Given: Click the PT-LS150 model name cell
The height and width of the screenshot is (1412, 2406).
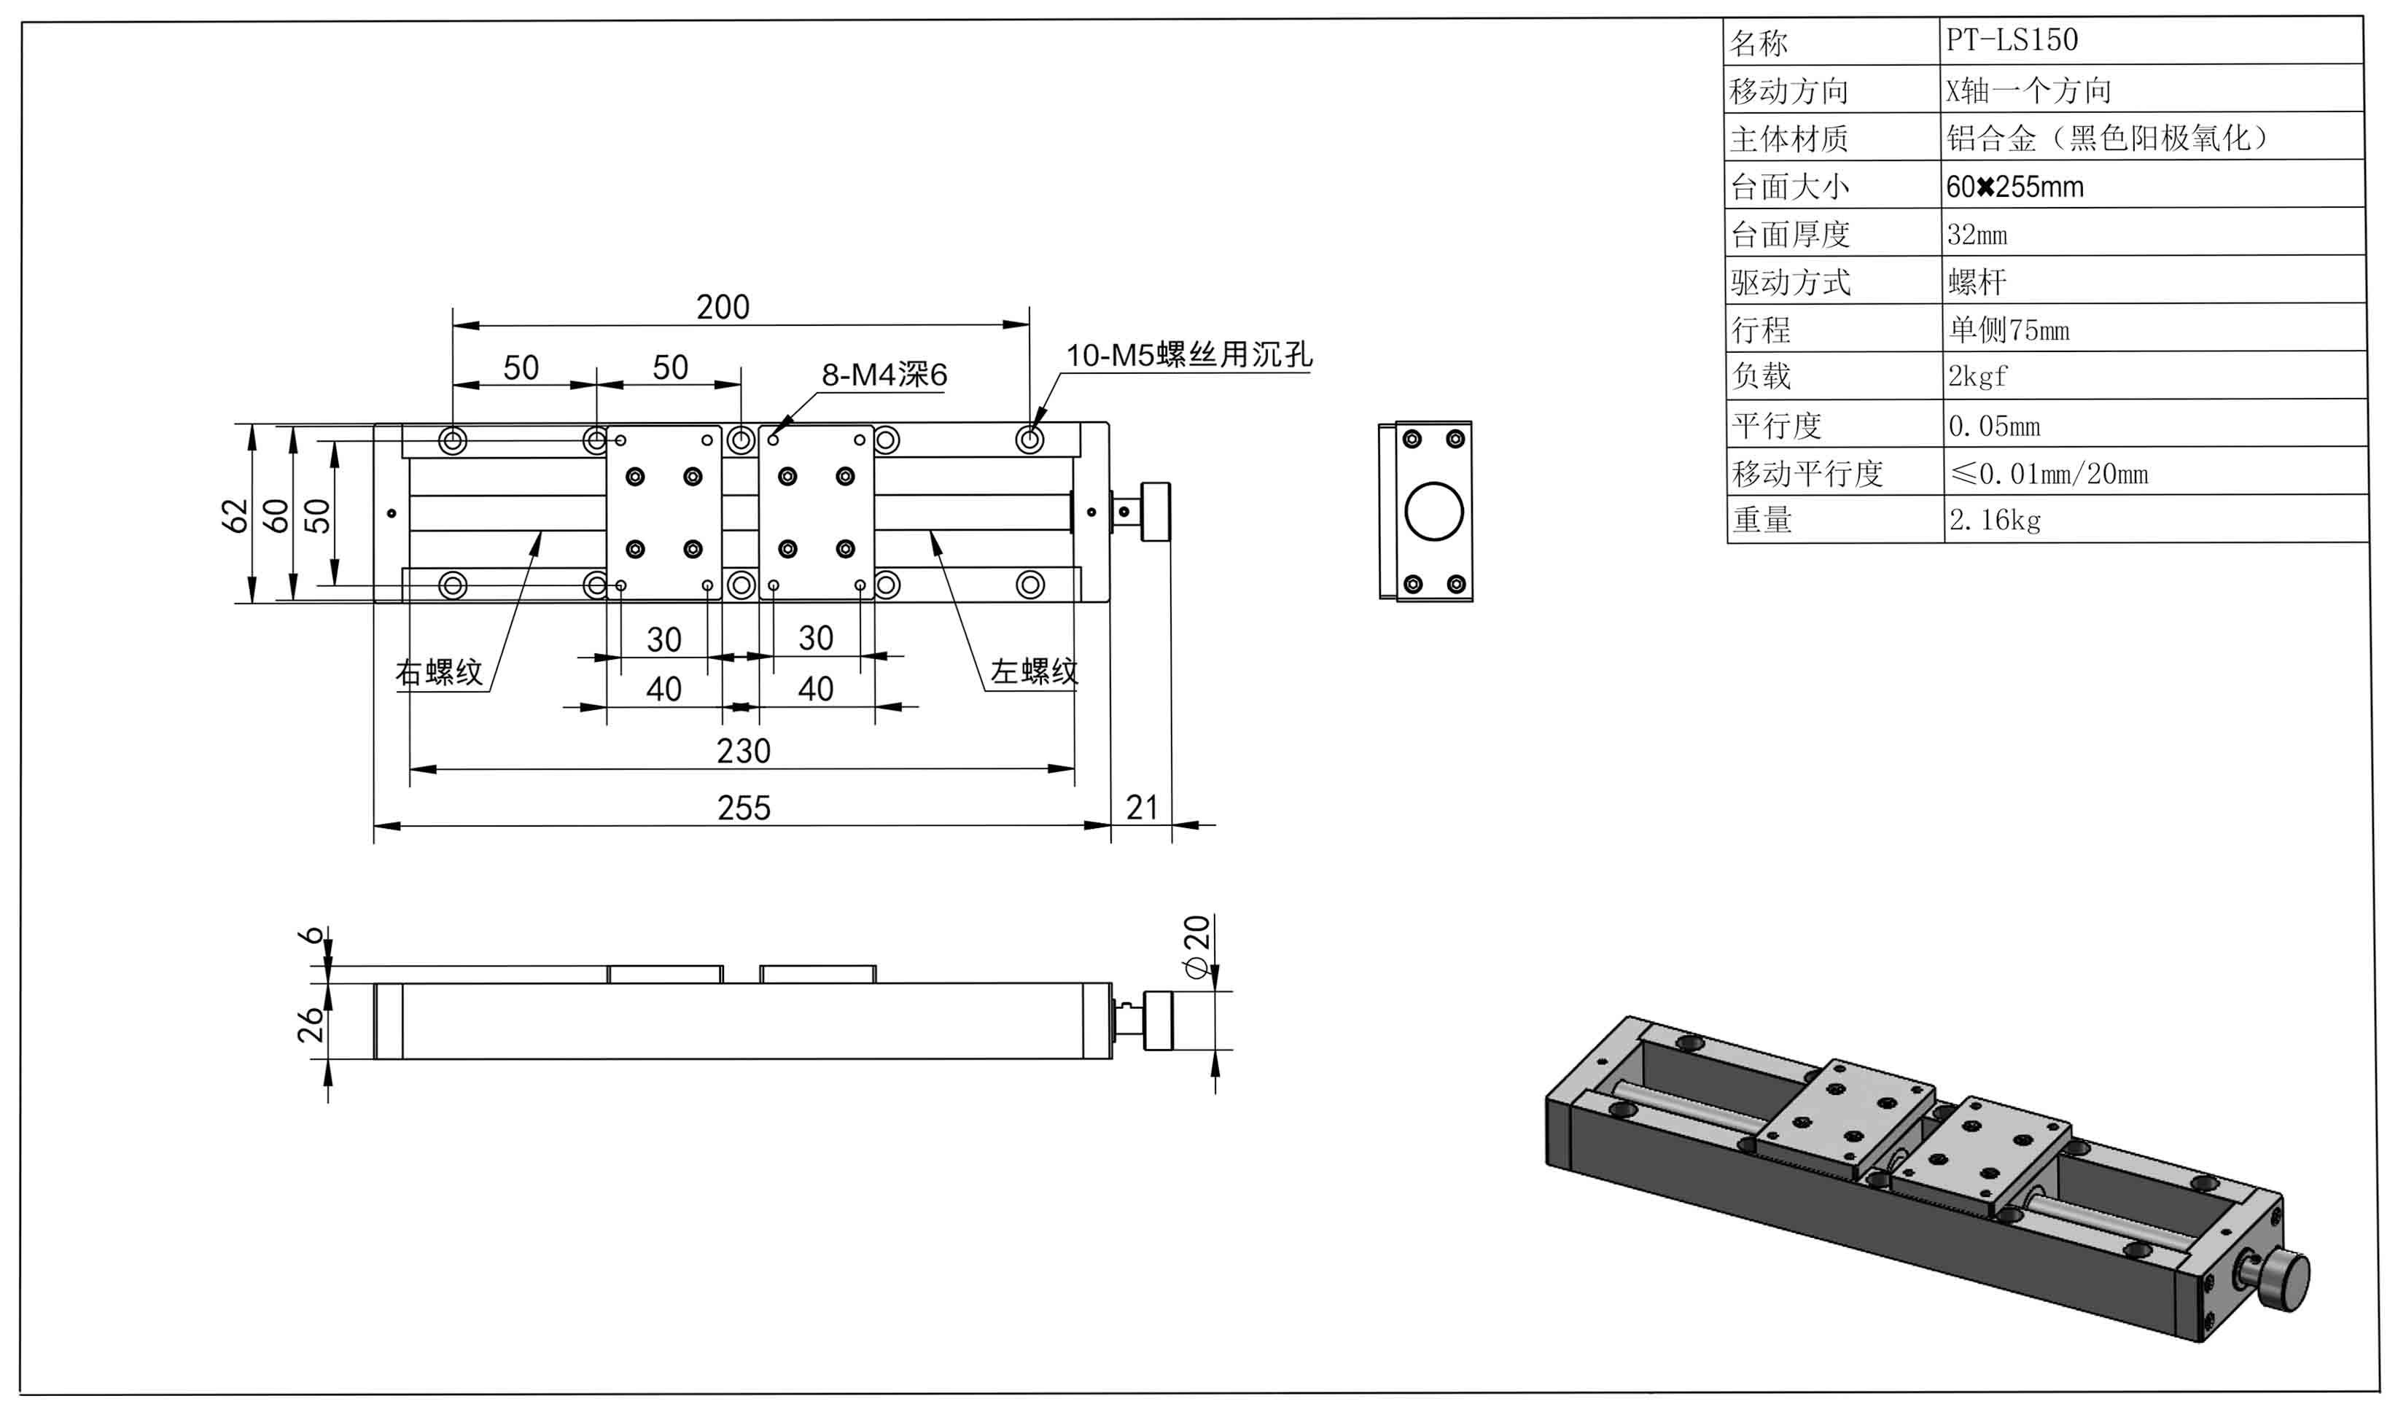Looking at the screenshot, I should point(2012,40).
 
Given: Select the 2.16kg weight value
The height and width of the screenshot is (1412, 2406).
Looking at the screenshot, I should point(1995,520).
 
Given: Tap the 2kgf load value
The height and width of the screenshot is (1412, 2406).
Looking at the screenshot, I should point(1977,377).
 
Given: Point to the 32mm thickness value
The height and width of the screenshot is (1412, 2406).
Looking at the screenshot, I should point(1977,235).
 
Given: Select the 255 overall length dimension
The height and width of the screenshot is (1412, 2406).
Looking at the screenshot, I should point(744,808).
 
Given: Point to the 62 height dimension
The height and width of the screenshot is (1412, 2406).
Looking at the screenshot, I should point(235,515).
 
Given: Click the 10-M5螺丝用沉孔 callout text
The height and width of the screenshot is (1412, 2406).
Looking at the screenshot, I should point(1188,355).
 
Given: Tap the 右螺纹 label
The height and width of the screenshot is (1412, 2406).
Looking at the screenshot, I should point(439,673).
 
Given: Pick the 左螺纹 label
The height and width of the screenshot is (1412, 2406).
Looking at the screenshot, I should point(1034,672).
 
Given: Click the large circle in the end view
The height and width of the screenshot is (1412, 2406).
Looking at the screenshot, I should point(1434,512).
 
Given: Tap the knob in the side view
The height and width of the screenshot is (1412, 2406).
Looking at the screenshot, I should point(1158,1021).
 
